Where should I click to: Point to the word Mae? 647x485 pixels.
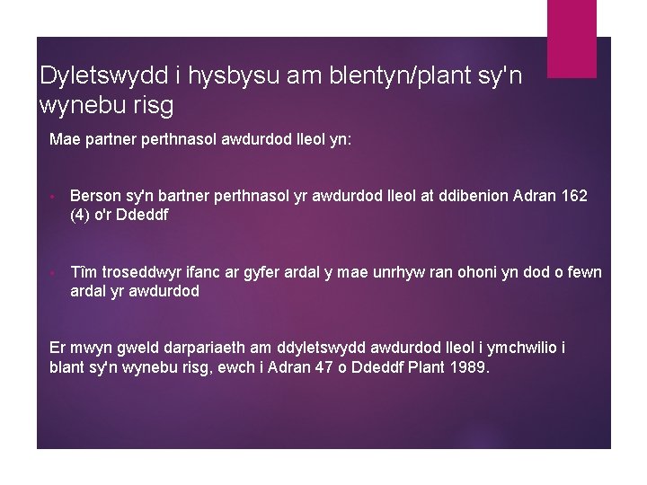tap(65, 140)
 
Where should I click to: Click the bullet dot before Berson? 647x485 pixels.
tap(55, 196)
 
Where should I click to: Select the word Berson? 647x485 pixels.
tap(96, 195)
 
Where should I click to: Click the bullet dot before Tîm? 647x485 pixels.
tap(55, 273)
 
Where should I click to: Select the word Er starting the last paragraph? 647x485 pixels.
tap(58, 348)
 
